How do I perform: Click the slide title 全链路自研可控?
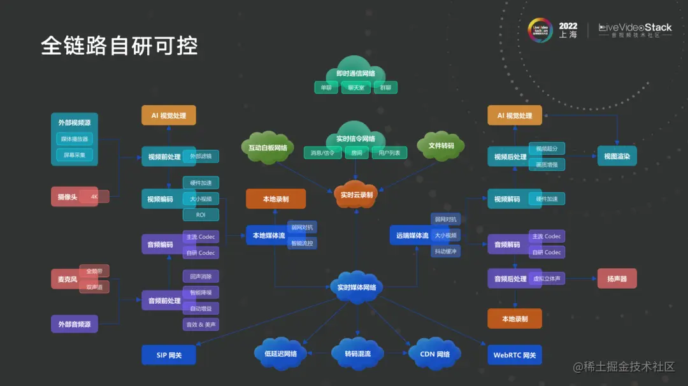(119, 46)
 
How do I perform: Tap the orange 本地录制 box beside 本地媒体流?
(276, 199)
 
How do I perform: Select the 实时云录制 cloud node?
(357, 195)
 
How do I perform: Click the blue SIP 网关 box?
(169, 355)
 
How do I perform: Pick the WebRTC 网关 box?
(514, 355)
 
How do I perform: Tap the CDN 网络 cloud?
(435, 354)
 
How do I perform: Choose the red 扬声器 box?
(617, 278)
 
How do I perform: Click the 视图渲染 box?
(617, 156)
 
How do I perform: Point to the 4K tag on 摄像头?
(94, 197)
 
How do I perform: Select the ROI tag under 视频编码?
(201, 215)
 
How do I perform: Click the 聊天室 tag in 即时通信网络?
(356, 88)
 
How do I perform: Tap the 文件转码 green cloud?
(441, 146)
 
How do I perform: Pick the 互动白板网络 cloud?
(268, 148)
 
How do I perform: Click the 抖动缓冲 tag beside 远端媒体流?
(445, 251)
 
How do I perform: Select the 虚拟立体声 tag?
(547, 278)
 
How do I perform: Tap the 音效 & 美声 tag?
(201, 324)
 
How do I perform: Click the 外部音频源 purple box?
(75, 324)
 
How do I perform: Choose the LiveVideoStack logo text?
(635, 28)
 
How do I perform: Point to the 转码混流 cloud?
(357, 354)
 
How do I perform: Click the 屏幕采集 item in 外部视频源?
(75, 155)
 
